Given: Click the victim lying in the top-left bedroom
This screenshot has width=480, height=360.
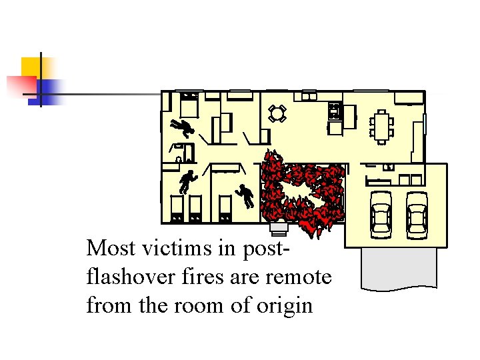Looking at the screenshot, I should pos(181,126).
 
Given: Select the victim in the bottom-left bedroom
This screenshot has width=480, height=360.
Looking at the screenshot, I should pos(187,181).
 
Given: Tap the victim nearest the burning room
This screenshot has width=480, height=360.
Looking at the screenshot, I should pos(245,195).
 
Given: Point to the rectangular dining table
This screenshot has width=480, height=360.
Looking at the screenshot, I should pos(381,126).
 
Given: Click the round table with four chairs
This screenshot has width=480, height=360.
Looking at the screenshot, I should pos(277,113).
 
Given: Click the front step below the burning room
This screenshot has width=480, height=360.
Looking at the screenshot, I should pos(279,230).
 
